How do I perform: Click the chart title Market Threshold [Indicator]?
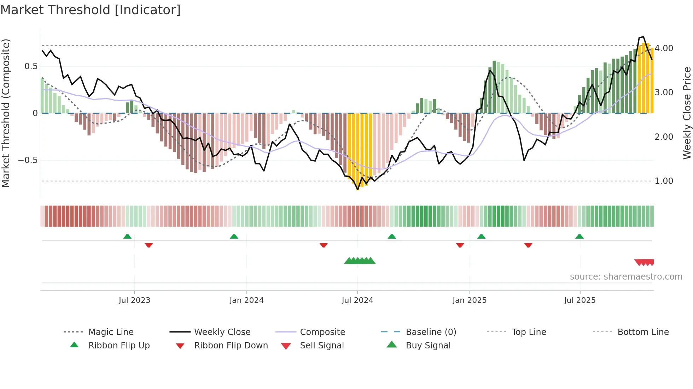[91, 10]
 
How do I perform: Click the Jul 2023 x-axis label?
[134, 300]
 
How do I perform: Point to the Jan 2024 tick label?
[246, 300]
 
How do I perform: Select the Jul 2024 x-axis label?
[357, 300]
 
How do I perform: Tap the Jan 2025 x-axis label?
[470, 300]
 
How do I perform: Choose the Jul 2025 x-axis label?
[580, 300]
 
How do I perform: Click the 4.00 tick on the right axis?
[664, 48]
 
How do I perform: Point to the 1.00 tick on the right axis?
[664, 181]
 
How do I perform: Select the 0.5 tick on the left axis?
[31, 66]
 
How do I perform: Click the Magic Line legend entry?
[111, 332]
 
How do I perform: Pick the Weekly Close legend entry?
[222, 332]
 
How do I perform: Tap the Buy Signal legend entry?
[428, 346]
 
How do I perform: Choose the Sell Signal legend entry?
[322, 346]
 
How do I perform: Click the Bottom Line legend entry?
[643, 332]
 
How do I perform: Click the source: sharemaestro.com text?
[626, 277]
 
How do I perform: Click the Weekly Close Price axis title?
[687, 113]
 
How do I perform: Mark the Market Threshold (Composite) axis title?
[6, 113]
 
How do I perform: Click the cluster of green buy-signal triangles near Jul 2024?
[360, 261]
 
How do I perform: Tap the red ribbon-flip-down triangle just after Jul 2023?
[148, 245]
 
